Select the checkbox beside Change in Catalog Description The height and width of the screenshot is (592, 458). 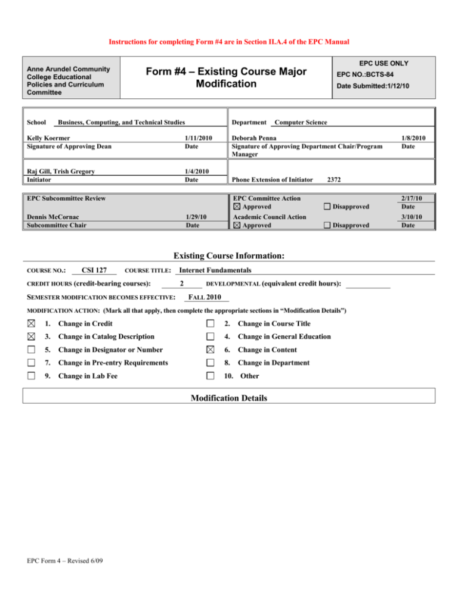click(31, 336)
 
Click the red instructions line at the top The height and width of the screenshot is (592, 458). click(228, 42)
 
